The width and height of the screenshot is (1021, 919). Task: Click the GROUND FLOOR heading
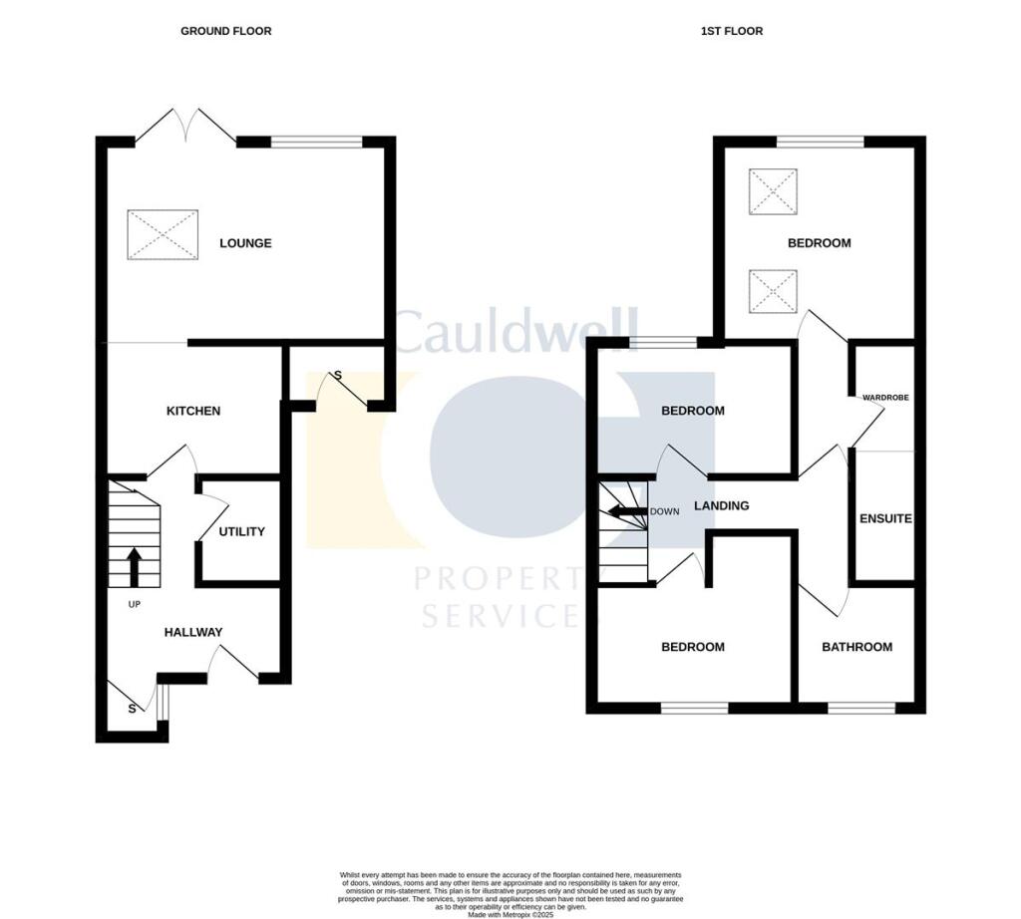[225, 31]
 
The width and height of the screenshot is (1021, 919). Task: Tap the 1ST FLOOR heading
[731, 31]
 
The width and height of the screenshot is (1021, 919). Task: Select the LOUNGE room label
[245, 243]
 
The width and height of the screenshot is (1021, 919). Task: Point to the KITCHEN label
[193, 411]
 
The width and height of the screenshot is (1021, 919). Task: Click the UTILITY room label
[242, 531]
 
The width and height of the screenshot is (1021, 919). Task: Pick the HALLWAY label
[193, 632]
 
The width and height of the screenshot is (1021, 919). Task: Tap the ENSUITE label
[885, 519]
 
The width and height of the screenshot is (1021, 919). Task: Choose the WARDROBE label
[885, 398]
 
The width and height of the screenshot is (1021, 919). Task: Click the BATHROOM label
[856, 647]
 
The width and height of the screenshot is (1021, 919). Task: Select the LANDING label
[721, 505]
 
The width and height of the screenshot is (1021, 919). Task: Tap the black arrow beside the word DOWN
[626, 511]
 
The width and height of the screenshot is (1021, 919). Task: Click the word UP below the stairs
[134, 604]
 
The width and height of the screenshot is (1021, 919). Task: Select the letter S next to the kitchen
[337, 375]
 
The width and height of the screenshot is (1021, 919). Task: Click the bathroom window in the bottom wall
[861, 709]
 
